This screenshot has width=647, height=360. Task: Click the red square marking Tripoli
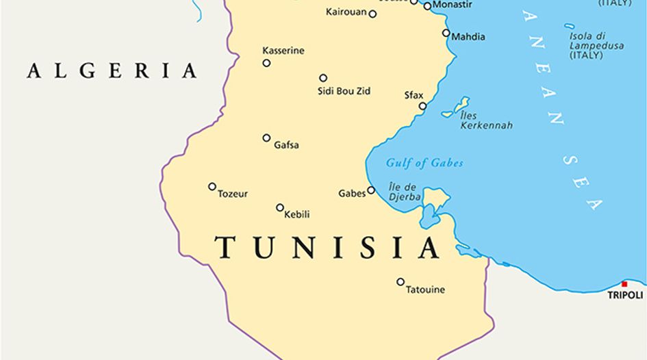624,284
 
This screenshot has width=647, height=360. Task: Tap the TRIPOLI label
625,296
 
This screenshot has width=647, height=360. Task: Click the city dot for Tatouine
401,282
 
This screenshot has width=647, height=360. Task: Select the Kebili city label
296,214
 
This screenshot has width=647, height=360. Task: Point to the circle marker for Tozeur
212,186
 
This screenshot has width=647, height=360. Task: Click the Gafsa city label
286,145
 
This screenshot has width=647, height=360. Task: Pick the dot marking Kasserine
266,63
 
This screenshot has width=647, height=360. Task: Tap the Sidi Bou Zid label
344,90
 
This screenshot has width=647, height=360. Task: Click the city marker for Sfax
422,106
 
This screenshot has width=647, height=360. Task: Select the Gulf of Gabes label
424,163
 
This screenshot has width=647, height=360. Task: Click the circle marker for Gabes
371,190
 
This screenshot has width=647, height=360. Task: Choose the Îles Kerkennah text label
486,120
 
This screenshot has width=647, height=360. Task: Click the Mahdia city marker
446,33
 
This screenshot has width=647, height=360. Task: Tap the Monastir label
453,5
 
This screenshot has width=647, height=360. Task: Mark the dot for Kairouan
372,14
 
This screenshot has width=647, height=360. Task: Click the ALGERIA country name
112,70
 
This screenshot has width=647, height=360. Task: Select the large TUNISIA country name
327,247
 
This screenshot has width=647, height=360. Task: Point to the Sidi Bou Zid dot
323,78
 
